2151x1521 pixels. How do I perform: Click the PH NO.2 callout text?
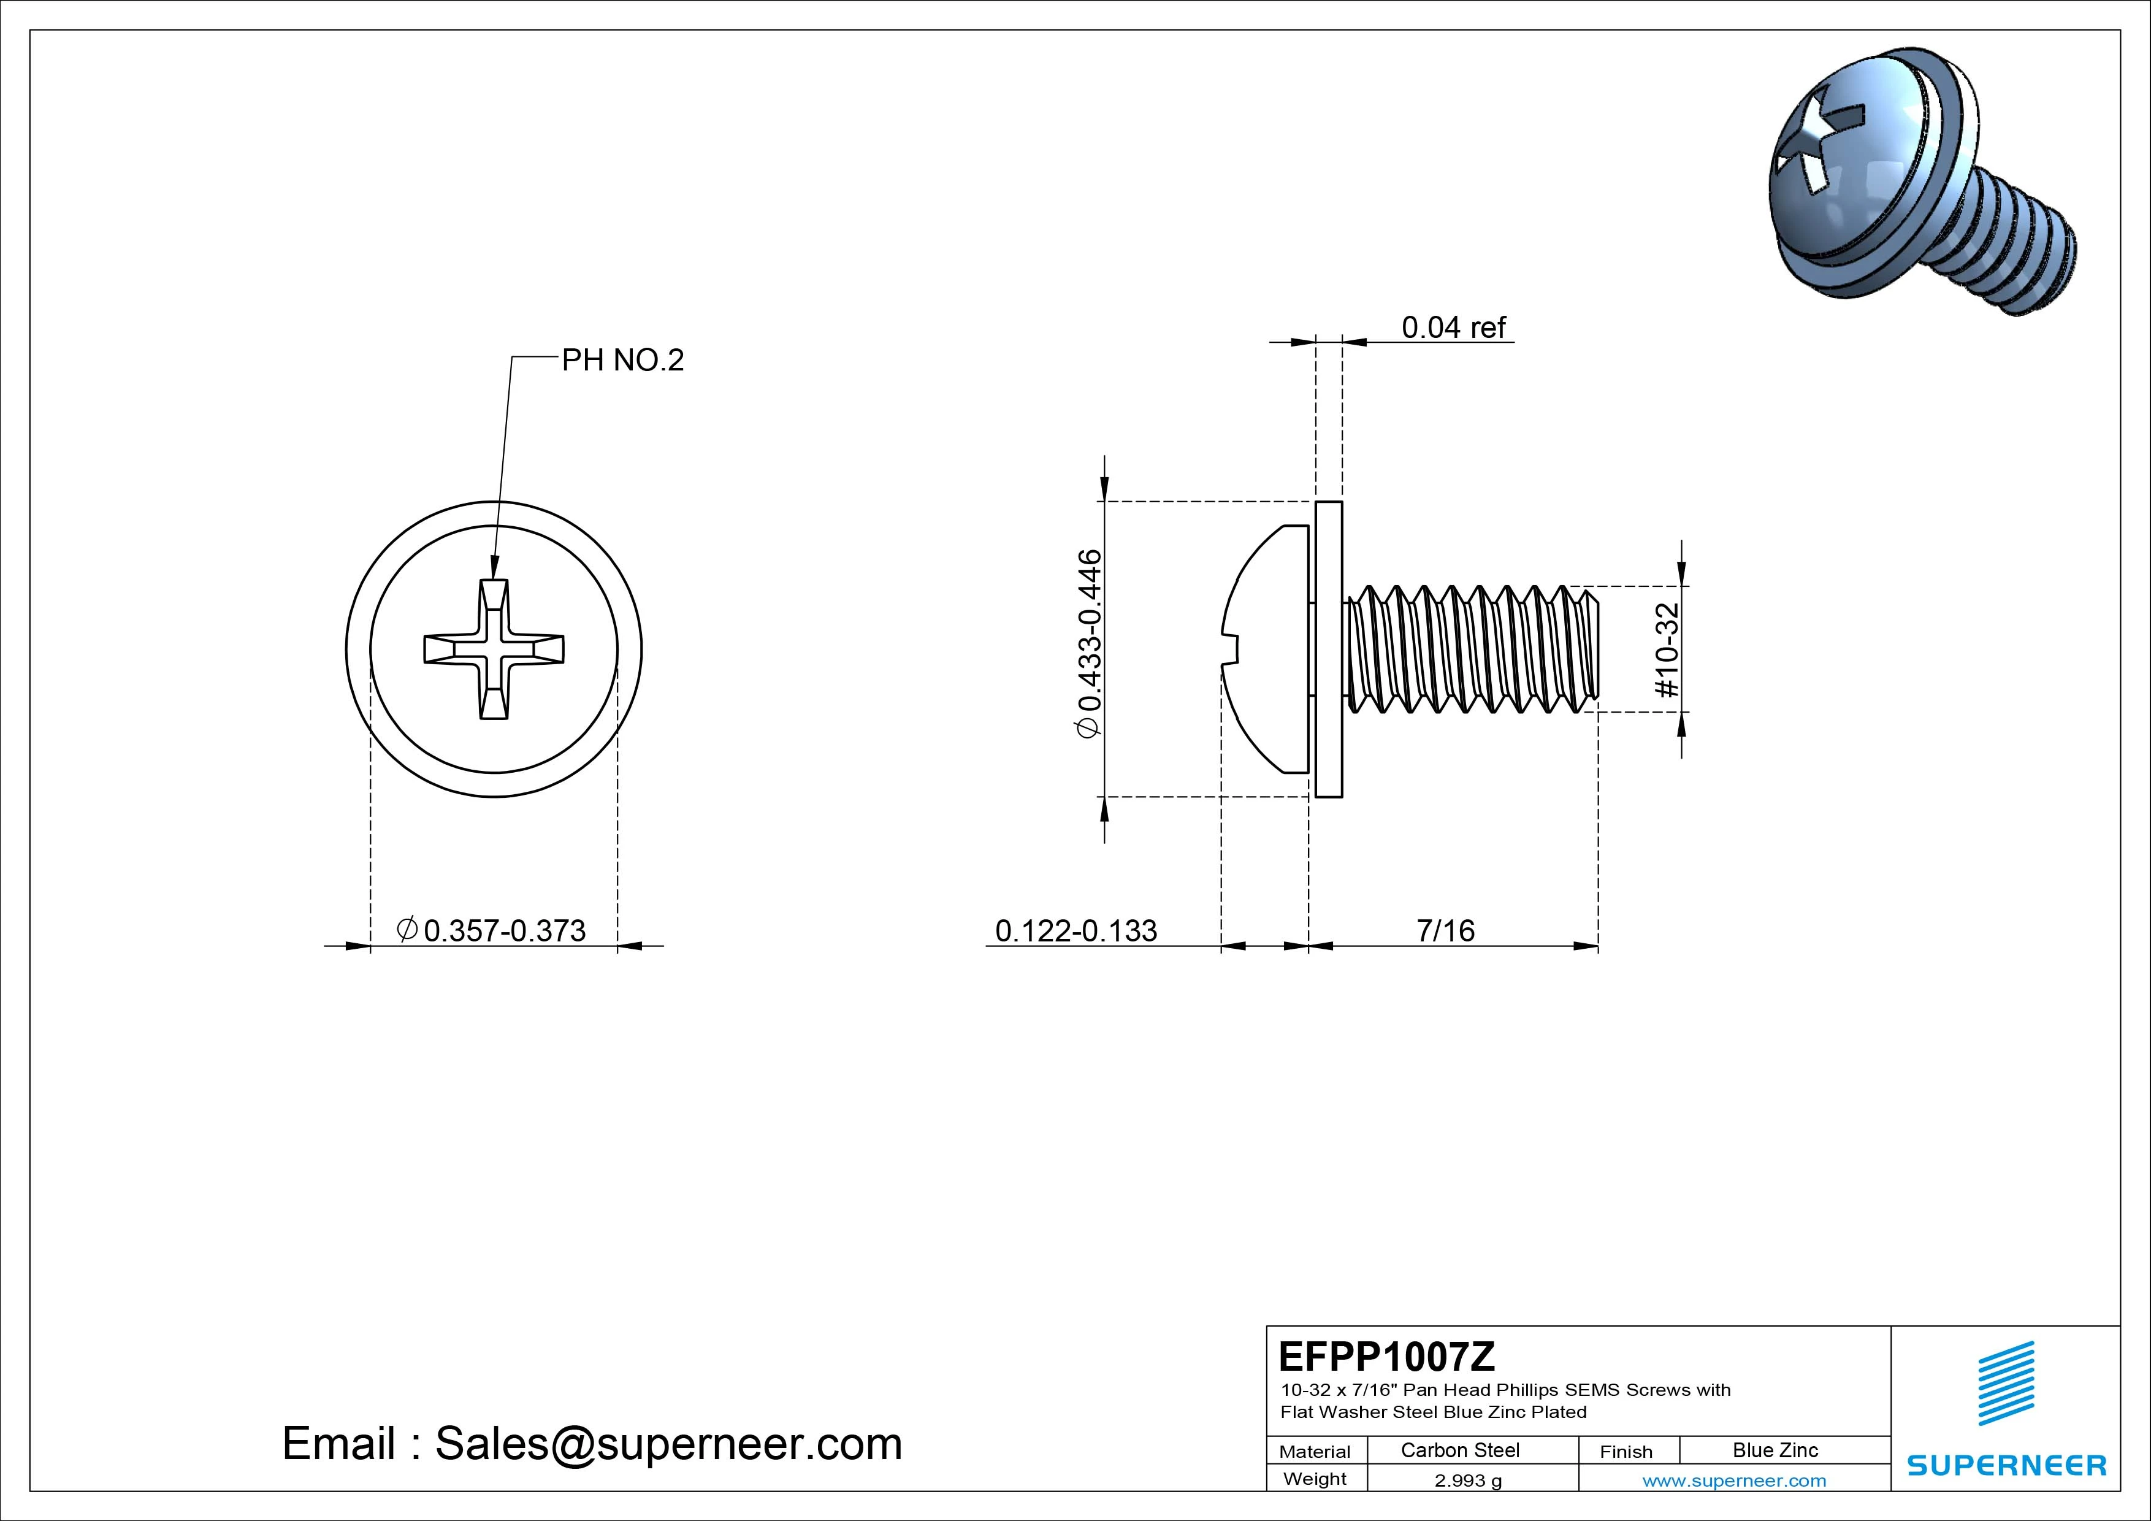click(x=622, y=360)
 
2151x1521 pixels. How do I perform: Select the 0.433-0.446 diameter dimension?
click(x=1090, y=645)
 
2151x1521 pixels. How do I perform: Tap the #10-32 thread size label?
click(x=1668, y=649)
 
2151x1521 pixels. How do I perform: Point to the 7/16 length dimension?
click(x=1446, y=930)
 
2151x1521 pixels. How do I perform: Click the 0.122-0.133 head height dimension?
click(x=1075, y=930)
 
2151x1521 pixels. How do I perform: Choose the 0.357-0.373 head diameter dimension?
click(x=494, y=930)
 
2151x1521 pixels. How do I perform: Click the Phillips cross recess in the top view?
click(x=494, y=648)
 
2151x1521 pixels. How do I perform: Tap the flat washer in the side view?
click(x=1329, y=649)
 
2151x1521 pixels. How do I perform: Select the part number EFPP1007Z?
click(x=1386, y=1356)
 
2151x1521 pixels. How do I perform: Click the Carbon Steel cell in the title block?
click(x=1459, y=1450)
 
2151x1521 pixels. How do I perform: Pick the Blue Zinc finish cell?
click(x=1775, y=1450)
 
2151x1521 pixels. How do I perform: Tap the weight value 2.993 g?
click(x=1468, y=1480)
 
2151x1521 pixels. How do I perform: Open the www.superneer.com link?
click(x=1734, y=1481)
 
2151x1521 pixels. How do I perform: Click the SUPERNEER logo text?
click(x=2007, y=1465)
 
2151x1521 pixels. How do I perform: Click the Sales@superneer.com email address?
click(x=668, y=1443)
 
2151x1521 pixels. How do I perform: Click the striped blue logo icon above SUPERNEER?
click(x=2006, y=1383)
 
